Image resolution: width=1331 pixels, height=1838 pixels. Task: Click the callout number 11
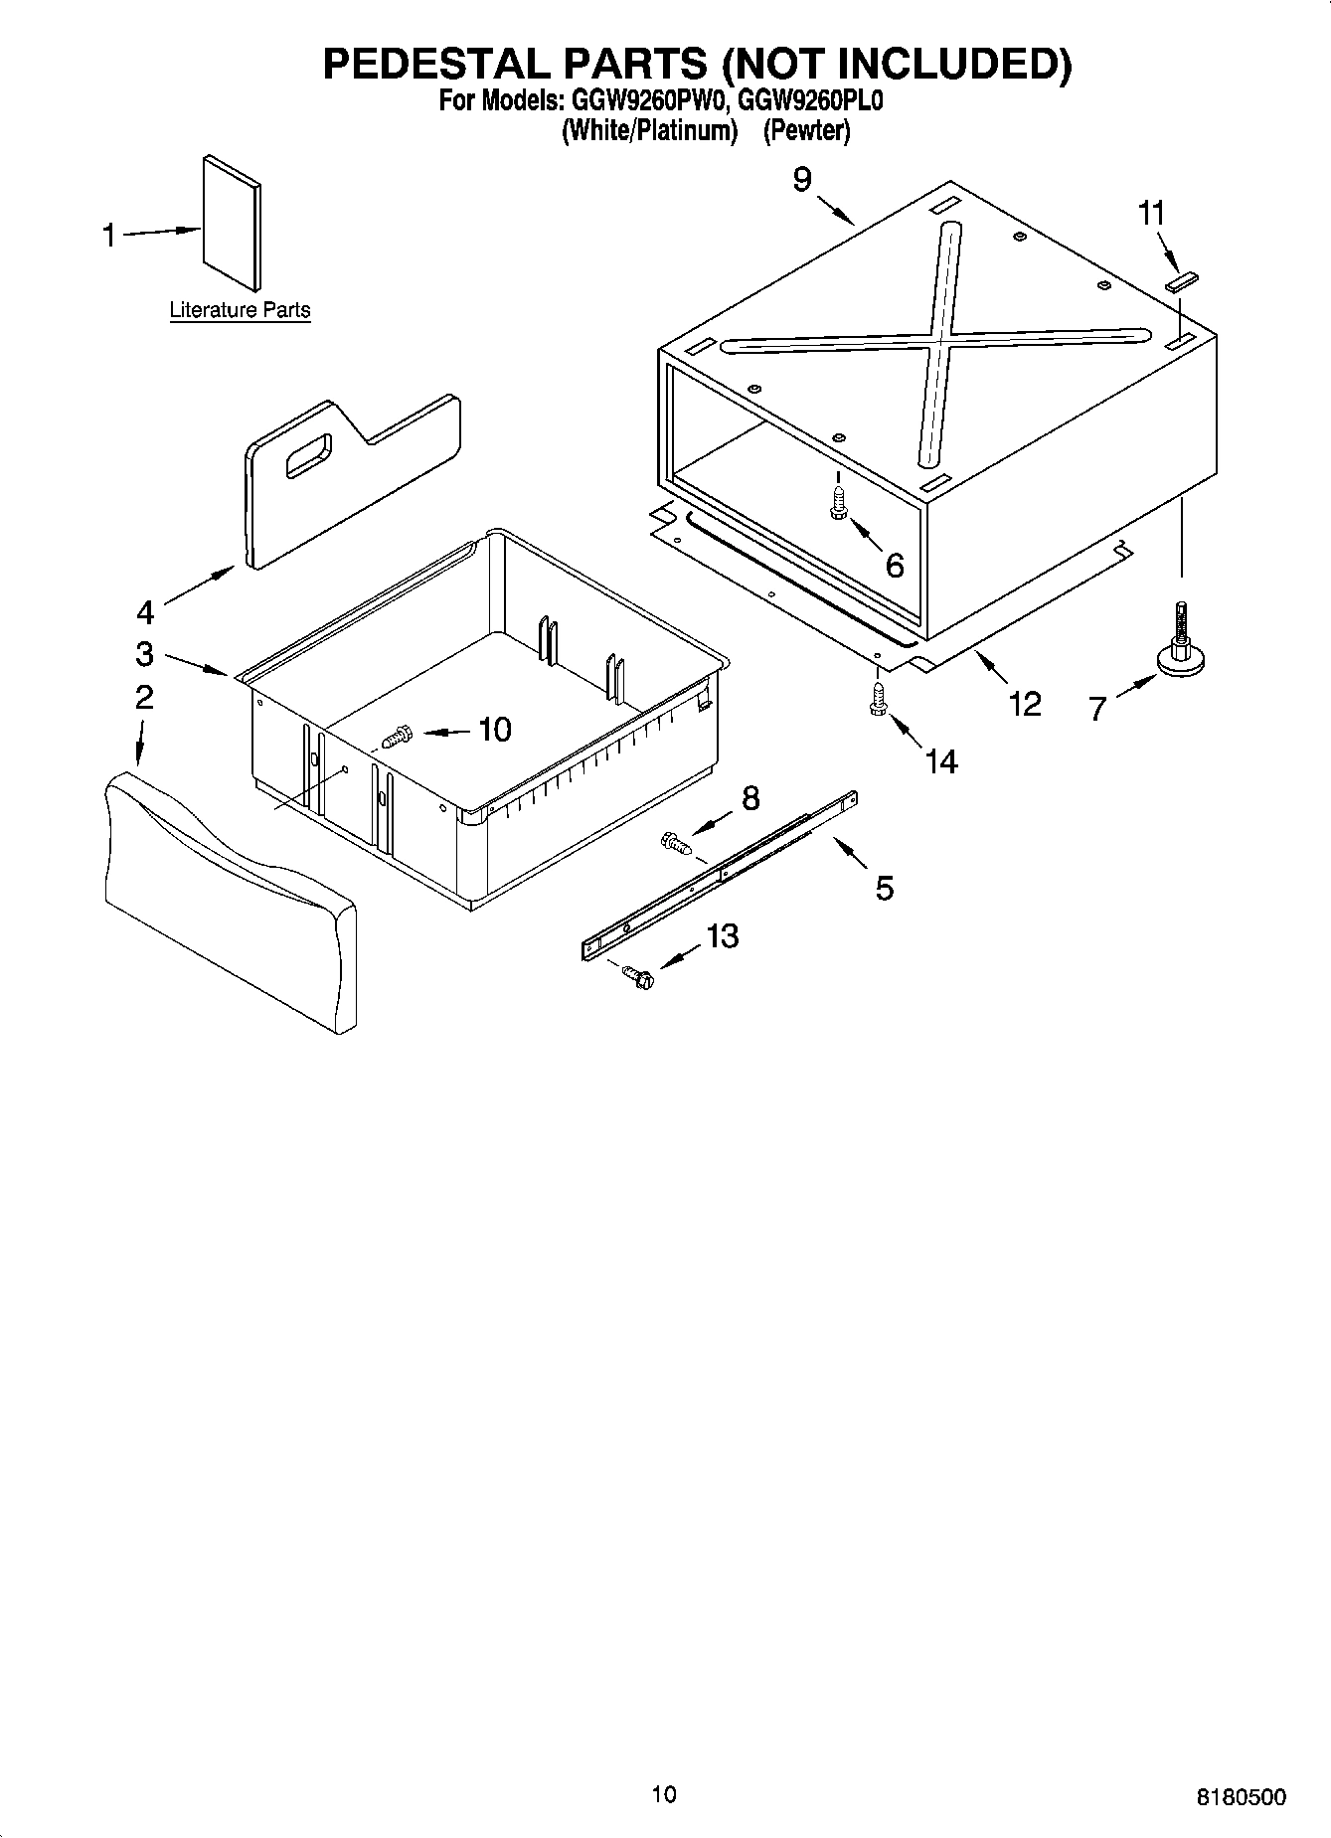(x=1151, y=213)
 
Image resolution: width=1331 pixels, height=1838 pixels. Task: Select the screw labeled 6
(x=838, y=503)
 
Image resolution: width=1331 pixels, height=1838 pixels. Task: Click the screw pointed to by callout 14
(x=878, y=698)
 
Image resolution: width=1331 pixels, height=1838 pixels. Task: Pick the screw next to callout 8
(x=675, y=845)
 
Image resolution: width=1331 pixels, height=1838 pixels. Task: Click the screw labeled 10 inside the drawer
(x=397, y=738)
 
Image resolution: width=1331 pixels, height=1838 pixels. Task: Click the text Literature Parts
(x=240, y=310)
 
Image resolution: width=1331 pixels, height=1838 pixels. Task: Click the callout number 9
(x=801, y=180)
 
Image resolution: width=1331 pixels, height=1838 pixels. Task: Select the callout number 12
(x=1024, y=704)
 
